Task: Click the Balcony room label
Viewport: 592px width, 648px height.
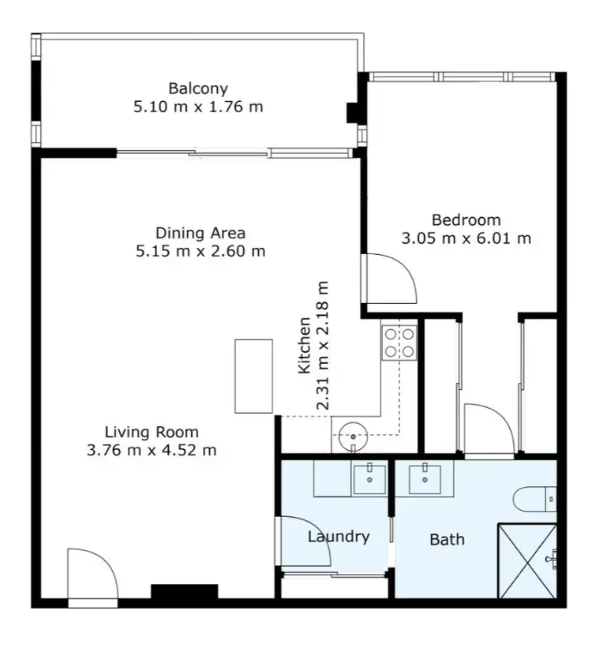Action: pyautogui.click(x=197, y=88)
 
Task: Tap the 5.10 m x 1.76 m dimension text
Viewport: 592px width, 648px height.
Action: pyautogui.click(x=197, y=107)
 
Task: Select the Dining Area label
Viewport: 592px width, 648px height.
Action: pyautogui.click(x=200, y=233)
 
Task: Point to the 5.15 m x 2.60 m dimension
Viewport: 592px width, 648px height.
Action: pyautogui.click(x=200, y=252)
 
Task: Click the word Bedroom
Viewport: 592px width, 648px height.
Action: pyautogui.click(x=466, y=219)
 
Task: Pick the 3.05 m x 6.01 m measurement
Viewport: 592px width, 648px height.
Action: pyautogui.click(x=466, y=238)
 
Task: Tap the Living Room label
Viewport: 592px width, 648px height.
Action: pyautogui.click(x=152, y=432)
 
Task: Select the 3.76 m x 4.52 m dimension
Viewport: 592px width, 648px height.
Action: pyautogui.click(x=152, y=451)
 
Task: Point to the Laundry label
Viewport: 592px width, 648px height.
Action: pyautogui.click(x=338, y=537)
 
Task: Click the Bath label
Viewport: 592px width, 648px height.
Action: pyautogui.click(x=447, y=540)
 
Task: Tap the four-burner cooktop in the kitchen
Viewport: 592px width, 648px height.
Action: pyautogui.click(x=399, y=342)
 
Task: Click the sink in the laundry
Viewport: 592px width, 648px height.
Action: pyautogui.click(x=369, y=478)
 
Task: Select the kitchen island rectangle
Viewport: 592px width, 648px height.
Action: pyautogui.click(x=253, y=376)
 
